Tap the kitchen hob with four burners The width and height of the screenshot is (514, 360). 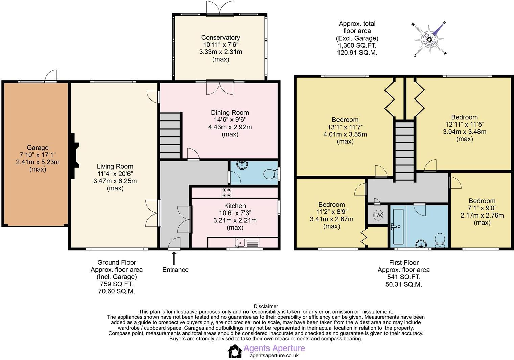227,192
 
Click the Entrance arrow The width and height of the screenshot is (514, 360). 174,258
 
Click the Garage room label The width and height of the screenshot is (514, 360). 38,148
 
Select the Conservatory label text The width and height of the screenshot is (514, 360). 220,38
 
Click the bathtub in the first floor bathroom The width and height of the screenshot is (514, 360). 398,226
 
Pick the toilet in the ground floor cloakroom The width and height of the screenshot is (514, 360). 270,174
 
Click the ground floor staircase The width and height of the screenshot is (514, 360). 170,133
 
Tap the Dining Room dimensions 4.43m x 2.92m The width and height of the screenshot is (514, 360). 230,127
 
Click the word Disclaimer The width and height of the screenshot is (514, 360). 266,306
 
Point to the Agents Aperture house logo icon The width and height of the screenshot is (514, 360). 235,351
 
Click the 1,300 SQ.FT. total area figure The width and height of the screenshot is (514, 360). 357,45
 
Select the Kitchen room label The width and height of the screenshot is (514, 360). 235,206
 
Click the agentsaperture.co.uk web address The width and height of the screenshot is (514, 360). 274,355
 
